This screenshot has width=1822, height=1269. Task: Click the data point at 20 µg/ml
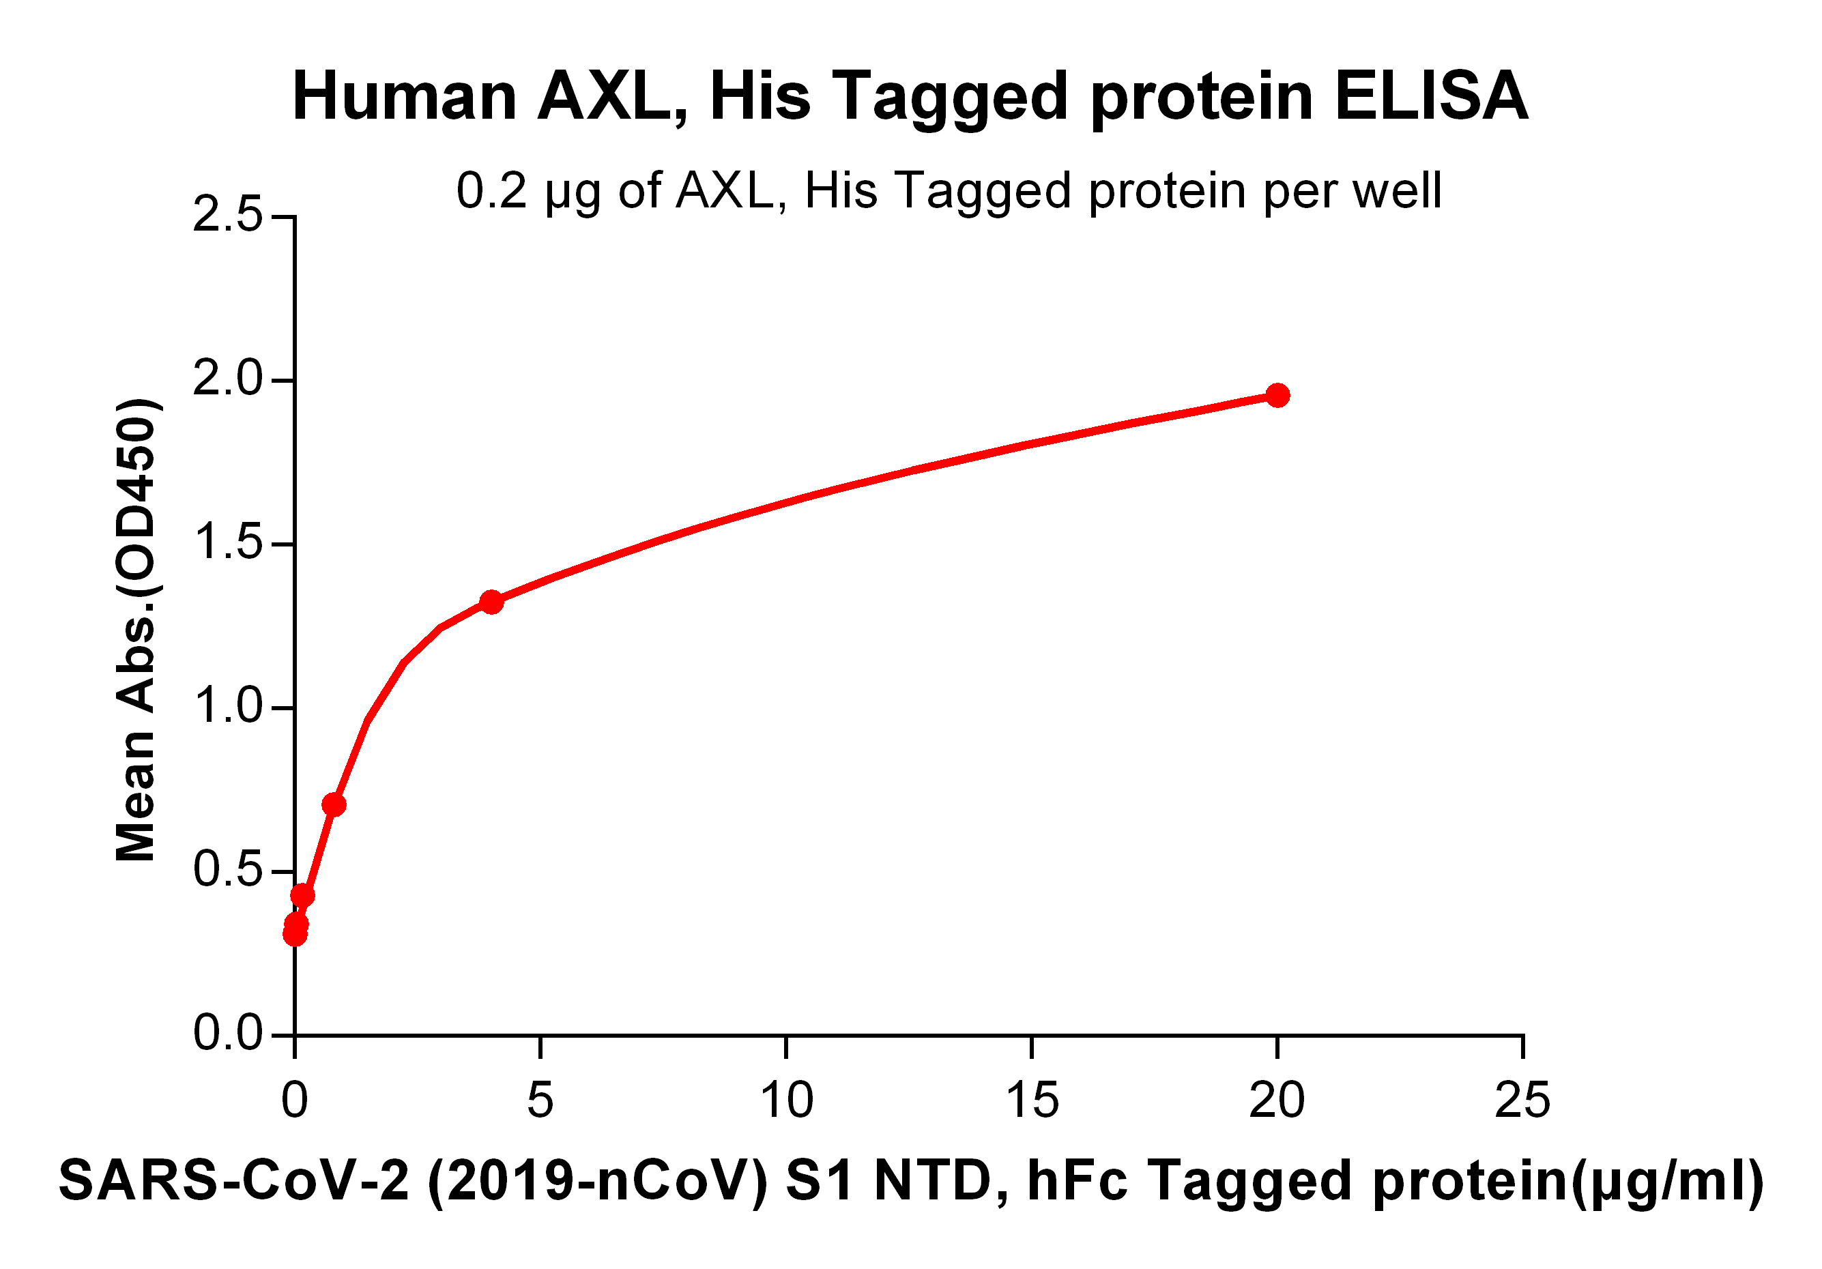tap(1277, 395)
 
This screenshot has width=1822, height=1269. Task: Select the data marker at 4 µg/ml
tap(491, 602)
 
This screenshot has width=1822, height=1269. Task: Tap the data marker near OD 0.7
tap(334, 805)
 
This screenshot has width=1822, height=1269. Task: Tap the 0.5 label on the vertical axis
tap(227, 871)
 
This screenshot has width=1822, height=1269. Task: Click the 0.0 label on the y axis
tap(227, 1034)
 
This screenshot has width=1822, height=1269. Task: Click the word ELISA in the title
tap(1431, 97)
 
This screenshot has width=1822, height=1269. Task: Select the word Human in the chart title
tap(405, 97)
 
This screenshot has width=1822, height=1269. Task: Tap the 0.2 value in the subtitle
tap(491, 191)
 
